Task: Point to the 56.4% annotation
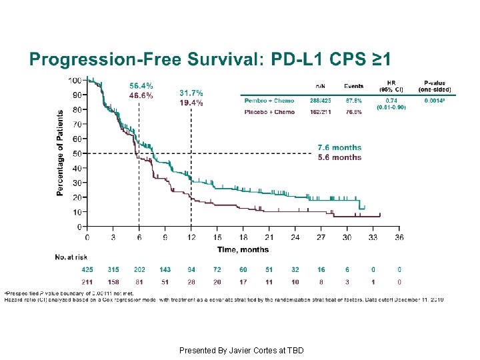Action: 141,86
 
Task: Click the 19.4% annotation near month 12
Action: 191,103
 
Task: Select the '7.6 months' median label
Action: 339,147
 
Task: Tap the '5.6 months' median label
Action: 339,157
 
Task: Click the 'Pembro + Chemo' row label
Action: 269,101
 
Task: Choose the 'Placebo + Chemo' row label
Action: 269,112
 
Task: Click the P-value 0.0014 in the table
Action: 437,101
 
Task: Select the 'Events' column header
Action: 353,86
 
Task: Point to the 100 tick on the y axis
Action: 75,80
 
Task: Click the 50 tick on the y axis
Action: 77,153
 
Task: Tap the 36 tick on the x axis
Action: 399,237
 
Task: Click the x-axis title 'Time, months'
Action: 243,249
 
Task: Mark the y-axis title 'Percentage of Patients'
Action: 60,153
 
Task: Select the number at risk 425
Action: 87,270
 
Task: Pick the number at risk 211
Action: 87,282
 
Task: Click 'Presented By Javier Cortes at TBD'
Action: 241,350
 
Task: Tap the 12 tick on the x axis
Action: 191,237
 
